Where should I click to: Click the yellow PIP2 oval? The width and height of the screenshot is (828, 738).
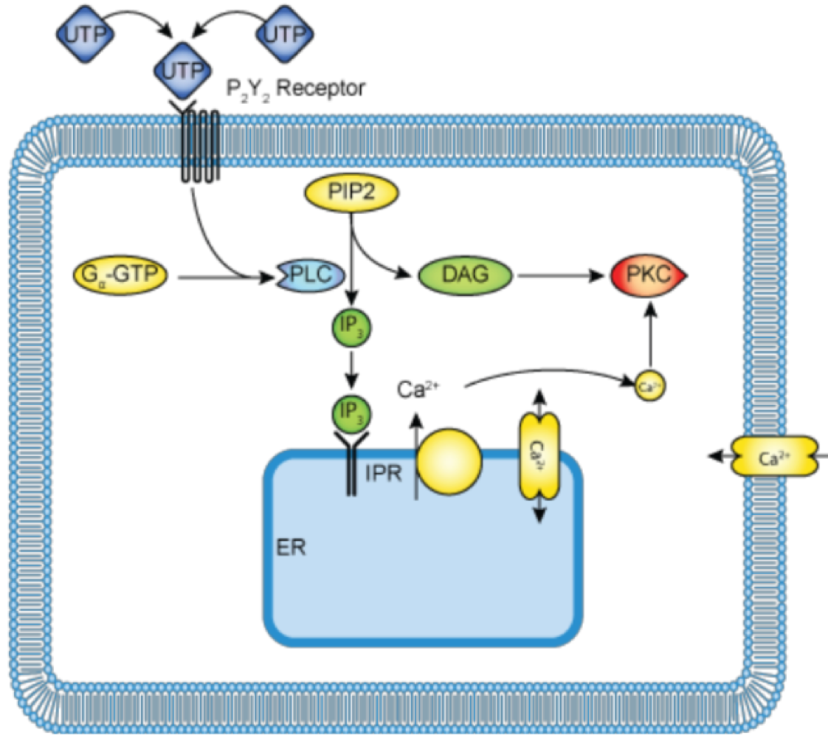[x=351, y=195]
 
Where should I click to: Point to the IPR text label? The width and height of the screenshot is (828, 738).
[x=383, y=473]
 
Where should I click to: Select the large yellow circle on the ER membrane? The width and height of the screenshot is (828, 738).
[x=449, y=460]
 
